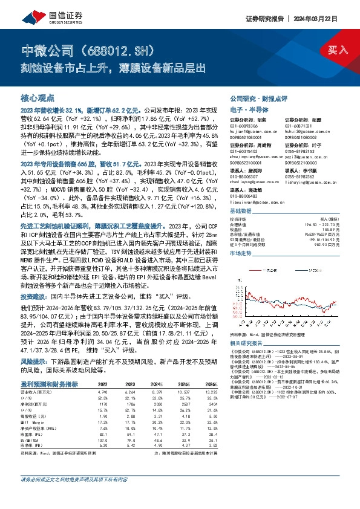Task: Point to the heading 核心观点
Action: click(x=37, y=97)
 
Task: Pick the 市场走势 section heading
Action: click(x=242, y=237)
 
